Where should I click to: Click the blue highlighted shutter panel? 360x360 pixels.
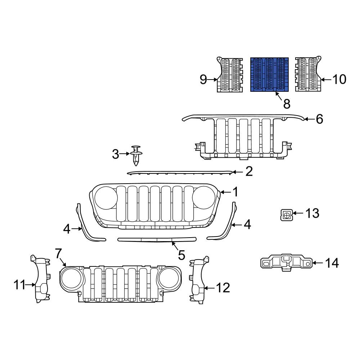269,74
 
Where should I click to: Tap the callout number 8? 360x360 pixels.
287,104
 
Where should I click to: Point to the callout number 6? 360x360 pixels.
319,119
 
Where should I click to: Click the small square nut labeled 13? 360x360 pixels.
286,215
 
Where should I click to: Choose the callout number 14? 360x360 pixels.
332,263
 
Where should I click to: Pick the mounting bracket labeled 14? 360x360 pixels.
286,263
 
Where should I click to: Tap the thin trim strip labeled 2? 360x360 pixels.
180,173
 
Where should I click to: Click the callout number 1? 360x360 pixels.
235,192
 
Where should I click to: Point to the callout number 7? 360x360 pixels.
59,253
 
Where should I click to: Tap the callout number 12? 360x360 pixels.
223,288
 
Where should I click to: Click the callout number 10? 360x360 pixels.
339,79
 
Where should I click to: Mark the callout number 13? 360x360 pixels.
312,213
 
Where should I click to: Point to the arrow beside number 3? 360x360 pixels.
125,154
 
